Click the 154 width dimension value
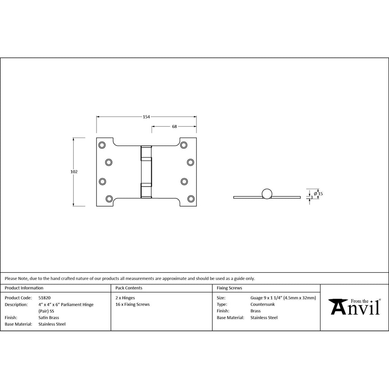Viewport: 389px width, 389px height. click(146, 117)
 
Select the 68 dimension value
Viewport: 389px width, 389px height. click(174, 127)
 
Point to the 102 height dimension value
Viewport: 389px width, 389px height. click(74, 172)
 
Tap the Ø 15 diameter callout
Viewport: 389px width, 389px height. click(318, 194)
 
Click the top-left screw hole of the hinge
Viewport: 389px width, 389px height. click(102, 145)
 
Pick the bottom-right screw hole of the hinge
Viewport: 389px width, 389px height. click(191, 199)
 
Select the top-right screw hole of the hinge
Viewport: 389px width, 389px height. click(184, 145)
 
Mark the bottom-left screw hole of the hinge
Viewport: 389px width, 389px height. click(109, 199)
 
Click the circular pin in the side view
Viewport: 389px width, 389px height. click(267, 194)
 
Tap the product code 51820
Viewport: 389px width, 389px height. click(44, 298)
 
